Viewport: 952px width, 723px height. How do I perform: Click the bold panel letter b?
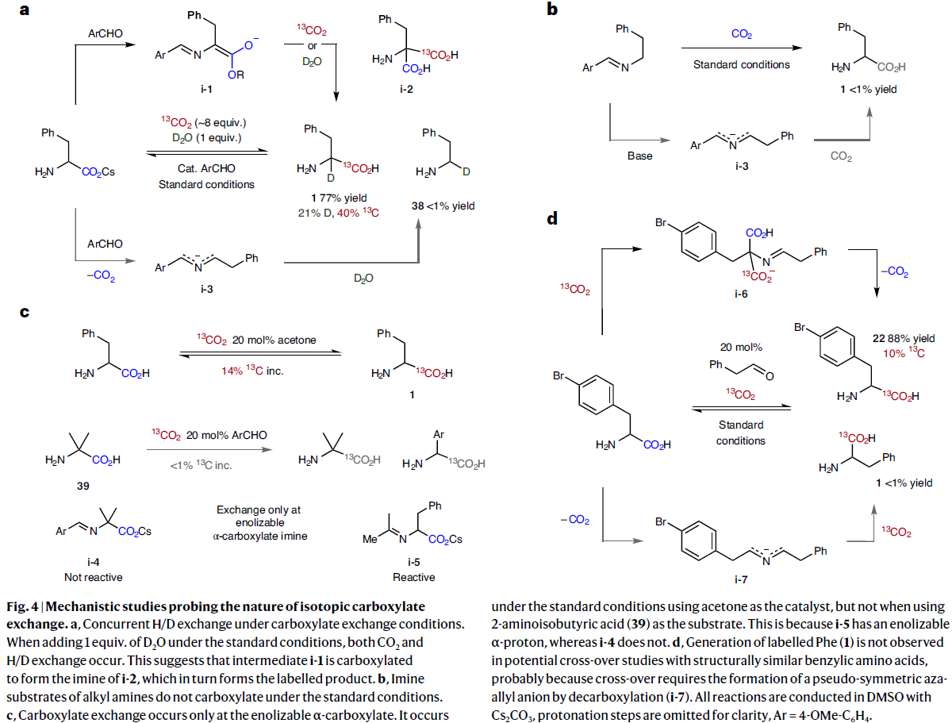point(553,10)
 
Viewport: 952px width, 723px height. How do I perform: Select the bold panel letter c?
point(25,313)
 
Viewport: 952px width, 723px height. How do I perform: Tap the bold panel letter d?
point(553,217)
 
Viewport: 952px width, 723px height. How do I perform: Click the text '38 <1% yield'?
point(443,206)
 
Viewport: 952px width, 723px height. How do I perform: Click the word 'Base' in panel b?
point(640,156)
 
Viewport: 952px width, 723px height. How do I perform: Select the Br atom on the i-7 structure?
point(665,521)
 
